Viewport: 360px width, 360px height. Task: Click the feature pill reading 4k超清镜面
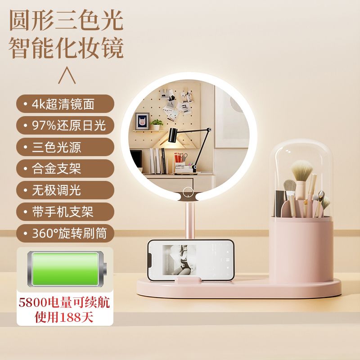tap(65, 104)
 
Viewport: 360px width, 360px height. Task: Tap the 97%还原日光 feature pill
tap(65, 126)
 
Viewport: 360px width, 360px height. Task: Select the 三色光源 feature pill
tap(65, 147)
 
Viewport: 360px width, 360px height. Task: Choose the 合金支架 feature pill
tap(65, 168)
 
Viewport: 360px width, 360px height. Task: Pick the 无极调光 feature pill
tap(65, 190)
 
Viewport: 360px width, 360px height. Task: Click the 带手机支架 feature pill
tap(65, 211)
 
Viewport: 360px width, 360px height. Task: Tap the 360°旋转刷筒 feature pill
tap(65, 233)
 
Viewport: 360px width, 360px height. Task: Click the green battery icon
tap(67, 269)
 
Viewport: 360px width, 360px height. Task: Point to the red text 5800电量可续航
tap(64, 302)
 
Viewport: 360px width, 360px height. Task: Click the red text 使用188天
tap(64, 317)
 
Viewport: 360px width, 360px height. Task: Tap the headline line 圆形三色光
tap(66, 20)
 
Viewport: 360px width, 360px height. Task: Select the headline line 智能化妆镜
tap(66, 48)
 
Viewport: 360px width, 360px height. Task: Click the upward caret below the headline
tap(67, 75)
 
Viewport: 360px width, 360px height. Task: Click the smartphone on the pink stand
tap(190, 261)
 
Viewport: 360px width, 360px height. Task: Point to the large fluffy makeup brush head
tap(301, 171)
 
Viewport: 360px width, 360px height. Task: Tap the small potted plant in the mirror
tap(157, 125)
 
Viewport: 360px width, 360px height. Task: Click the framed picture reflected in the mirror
tap(142, 121)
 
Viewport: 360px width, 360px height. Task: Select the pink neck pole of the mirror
tap(189, 221)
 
